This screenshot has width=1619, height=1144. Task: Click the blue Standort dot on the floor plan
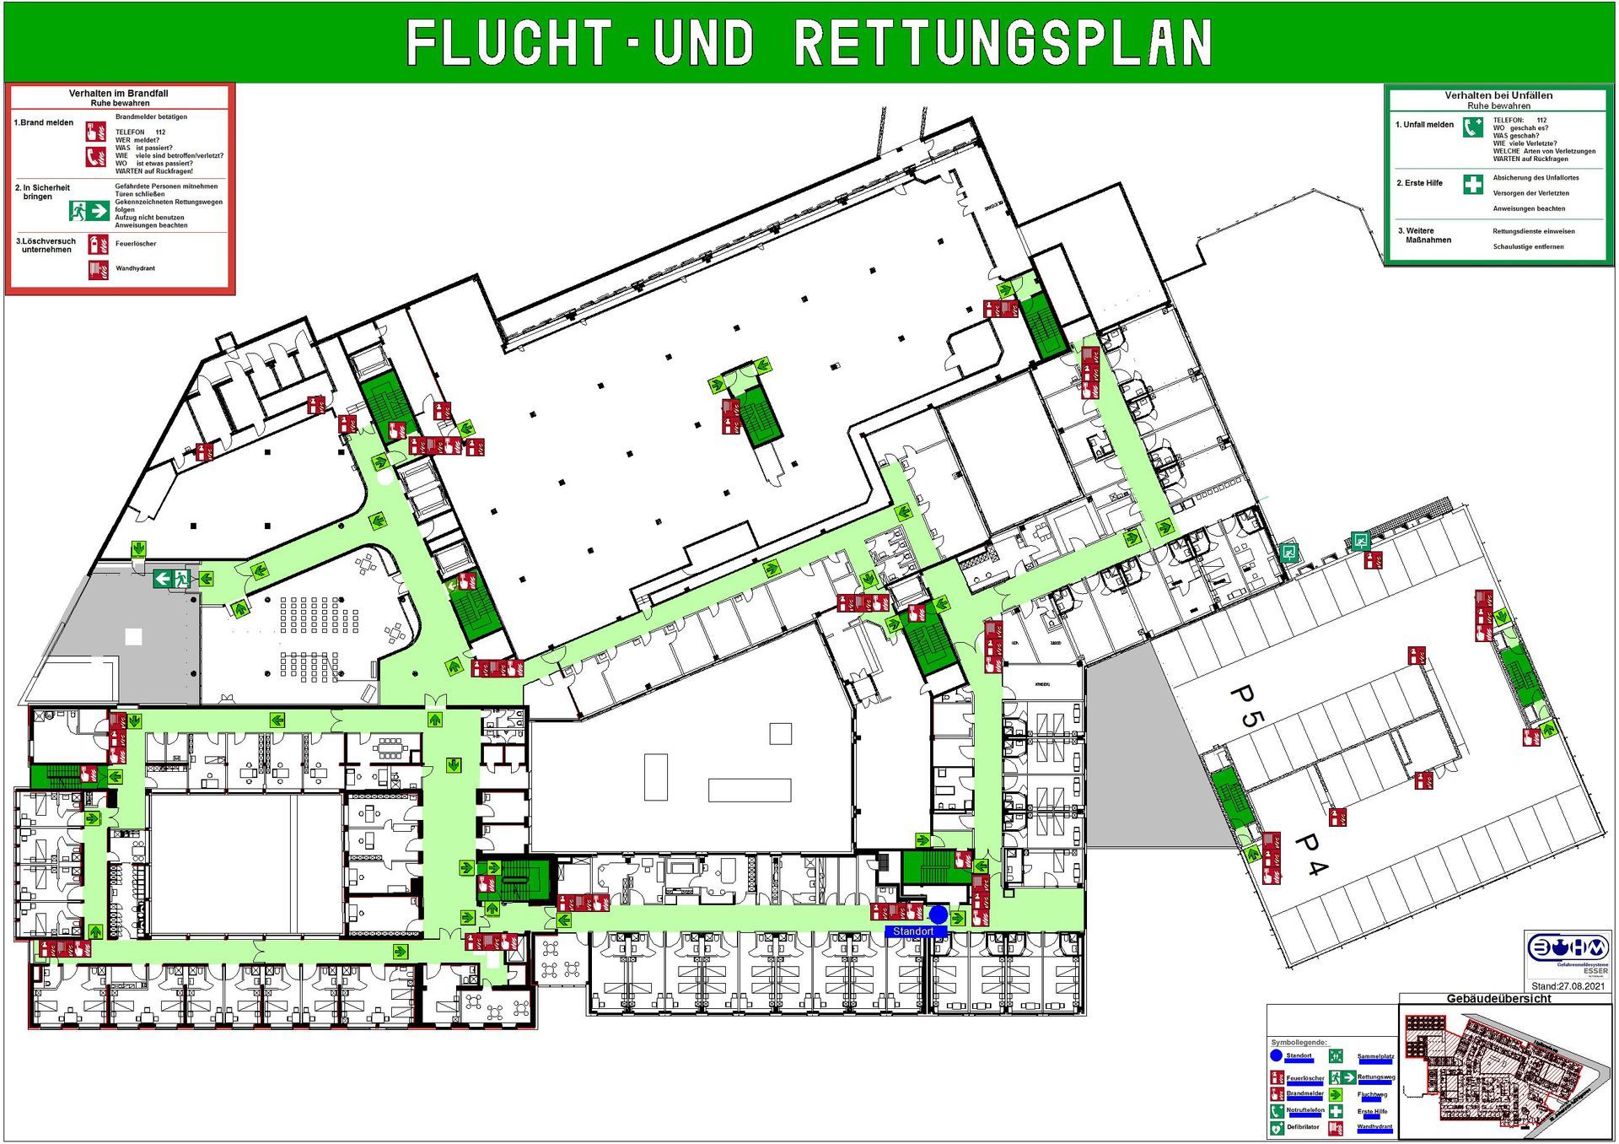click(x=938, y=915)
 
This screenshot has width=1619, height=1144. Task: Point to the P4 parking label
click(x=1310, y=855)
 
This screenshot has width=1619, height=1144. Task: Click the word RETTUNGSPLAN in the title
click(x=1003, y=43)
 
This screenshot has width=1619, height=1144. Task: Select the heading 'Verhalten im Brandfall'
click(x=118, y=94)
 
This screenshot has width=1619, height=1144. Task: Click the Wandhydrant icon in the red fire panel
click(x=98, y=269)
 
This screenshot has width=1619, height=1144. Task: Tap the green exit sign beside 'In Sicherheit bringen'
click(x=89, y=209)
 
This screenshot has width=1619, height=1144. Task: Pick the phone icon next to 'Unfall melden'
click(x=1472, y=127)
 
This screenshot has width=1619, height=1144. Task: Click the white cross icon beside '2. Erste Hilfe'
click(x=1472, y=184)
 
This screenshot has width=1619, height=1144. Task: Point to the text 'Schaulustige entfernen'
click(x=1528, y=247)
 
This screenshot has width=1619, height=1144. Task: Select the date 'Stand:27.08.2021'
click(x=1568, y=985)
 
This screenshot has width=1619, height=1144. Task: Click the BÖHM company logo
click(x=1568, y=948)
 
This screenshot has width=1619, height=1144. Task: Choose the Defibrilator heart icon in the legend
click(x=1277, y=1127)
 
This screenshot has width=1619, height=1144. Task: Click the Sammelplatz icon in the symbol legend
click(x=1336, y=1056)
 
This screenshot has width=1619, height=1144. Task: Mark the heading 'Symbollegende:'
click(x=1299, y=1043)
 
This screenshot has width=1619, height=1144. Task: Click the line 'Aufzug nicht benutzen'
click(x=149, y=218)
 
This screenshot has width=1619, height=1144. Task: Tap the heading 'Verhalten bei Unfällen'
click(x=1498, y=95)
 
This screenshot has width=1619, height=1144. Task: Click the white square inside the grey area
click(x=133, y=637)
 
